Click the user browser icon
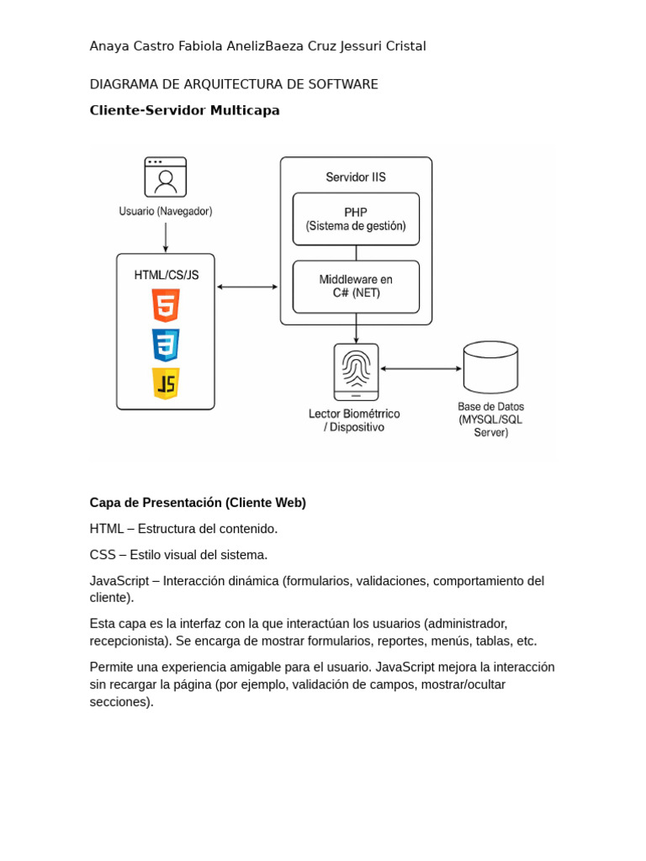[x=165, y=177]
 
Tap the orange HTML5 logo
[x=166, y=305]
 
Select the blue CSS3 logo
[x=166, y=345]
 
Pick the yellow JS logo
[x=166, y=383]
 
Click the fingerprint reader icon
[x=356, y=371]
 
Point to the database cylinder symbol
[x=490, y=367]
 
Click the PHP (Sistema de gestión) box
[x=356, y=219]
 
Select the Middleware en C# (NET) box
[x=356, y=286]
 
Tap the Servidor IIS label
[x=356, y=177]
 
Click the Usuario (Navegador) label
[x=166, y=212]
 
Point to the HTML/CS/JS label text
[x=167, y=275]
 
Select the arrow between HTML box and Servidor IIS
[x=247, y=287]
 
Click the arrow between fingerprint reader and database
[x=421, y=368]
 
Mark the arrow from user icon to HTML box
[x=166, y=237]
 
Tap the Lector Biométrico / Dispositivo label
[x=354, y=420]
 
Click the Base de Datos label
[x=490, y=419]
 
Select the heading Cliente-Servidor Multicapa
[x=184, y=110]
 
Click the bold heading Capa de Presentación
[x=198, y=503]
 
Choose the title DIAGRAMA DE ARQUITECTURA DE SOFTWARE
[x=234, y=84]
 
